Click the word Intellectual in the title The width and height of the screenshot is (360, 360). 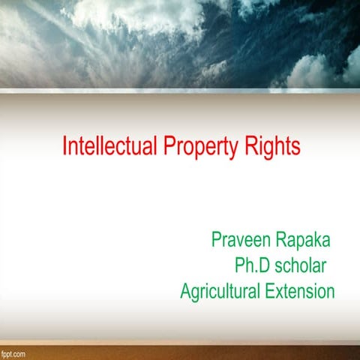[x=109, y=146]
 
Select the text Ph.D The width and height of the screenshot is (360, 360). [x=253, y=266]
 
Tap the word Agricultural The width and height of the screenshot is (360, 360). [x=220, y=292]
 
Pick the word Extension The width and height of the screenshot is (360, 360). [x=300, y=292]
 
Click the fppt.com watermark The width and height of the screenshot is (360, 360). [x=14, y=352]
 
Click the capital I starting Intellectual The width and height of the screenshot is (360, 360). [x=64, y=146]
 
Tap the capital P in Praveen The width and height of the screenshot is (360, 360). [x=217, y=241]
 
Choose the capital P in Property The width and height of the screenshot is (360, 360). [x=168, y=146]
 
